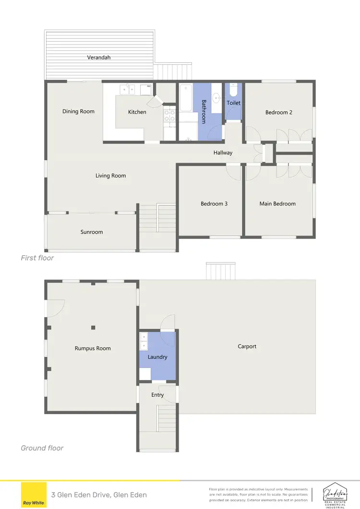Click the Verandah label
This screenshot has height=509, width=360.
pos(99,57)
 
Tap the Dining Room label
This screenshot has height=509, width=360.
pos(78,111)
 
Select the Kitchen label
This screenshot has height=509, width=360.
pos(137,112)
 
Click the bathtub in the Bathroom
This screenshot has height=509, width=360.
pos(185,98)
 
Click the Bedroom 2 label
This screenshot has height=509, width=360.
pos(279,112)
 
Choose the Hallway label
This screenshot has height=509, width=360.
pos(223,153)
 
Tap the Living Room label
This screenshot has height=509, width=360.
pos(110,176)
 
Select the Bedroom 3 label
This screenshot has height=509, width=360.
pos(214,203)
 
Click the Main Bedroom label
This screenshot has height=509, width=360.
pos(277,203)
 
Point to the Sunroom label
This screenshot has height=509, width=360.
pos(91,232)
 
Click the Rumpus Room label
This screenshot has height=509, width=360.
pos(93,348)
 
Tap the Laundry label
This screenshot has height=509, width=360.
pos(157,357)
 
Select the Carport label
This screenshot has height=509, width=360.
pos(247,346)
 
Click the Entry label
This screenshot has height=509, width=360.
pos(157,395)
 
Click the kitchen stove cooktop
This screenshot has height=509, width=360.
pos(169,115)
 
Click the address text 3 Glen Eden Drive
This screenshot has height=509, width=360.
pos(99,495)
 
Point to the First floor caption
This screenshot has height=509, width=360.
pos(37,258)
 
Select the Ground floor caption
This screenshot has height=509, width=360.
pos(42,448)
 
